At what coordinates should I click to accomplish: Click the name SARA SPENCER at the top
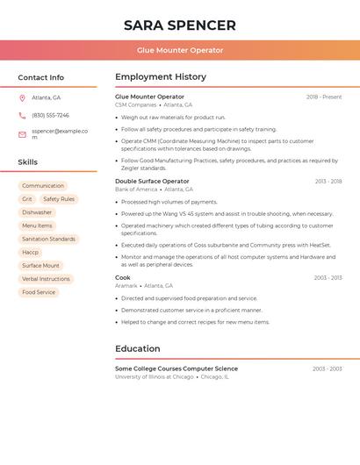pos(180,25)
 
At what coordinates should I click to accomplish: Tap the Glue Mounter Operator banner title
pos(180,50)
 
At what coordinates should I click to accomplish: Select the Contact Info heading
pos(41,77)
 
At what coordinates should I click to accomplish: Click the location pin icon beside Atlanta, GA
pos(22,98)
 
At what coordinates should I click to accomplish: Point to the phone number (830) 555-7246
pos(50,115)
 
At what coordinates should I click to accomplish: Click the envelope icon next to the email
pos(22,134)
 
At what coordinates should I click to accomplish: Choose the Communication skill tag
pos(43,186)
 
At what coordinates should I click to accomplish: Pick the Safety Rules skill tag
pos(59,199)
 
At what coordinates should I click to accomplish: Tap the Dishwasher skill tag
pos(37,212)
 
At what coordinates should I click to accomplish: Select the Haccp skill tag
pos(31,252)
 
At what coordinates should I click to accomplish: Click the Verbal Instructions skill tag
pos(46,279)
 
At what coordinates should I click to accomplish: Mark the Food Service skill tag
pos(39,292)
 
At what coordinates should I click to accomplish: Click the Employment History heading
pos(161,77)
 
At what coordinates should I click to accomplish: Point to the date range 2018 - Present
pos(324,97)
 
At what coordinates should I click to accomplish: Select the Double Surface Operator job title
pos(152,181)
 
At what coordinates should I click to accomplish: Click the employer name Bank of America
pos(136,190)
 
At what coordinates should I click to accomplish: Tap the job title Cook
pos(123,277)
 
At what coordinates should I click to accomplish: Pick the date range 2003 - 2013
pos(328,277)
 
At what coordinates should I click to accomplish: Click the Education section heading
pos(138,348)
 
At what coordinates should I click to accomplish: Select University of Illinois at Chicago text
pos(155,377)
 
